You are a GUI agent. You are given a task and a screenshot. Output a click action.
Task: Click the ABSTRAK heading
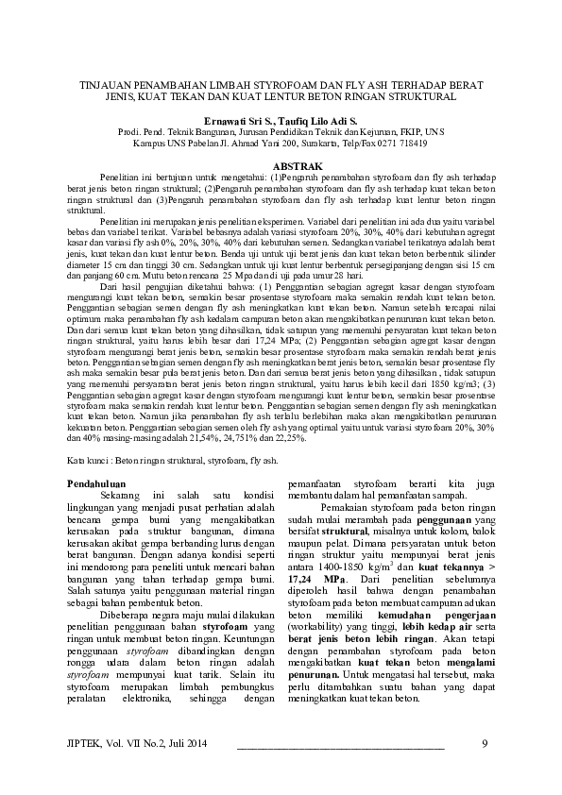[281, 166]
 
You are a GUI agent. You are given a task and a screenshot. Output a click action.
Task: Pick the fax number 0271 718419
[401, 144]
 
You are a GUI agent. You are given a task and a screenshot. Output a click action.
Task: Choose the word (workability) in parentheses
[316, 652]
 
